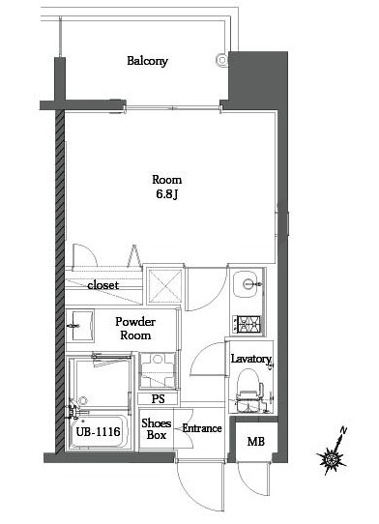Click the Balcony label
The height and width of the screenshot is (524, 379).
(x=148, y=61)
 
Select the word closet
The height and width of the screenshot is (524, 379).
(x=103, y=286)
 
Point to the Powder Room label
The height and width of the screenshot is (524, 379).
(x=136, y=328)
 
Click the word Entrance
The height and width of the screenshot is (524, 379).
(x=202, y=428)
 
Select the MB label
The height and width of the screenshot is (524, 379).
(x=255, y=443)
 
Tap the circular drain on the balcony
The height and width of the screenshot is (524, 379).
(x=222, y=61)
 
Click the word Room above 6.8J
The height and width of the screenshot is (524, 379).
(x=166, y=180)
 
